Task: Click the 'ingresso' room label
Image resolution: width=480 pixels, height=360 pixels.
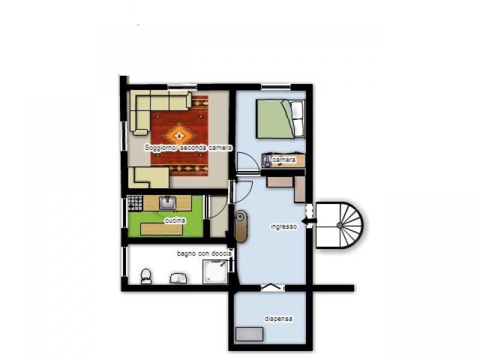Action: click(x=284, y=227)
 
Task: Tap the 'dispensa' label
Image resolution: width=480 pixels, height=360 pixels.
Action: click(x=278, y=319)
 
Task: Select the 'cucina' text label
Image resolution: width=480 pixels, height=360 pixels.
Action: click(x=175, y=220)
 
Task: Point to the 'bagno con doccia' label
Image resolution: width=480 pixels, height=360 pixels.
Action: click(x=204, y=253)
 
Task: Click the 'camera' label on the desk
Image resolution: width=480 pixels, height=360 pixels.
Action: click(x=284, y=160)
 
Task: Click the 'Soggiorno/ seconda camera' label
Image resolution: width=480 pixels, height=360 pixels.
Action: click(x=188, y=148)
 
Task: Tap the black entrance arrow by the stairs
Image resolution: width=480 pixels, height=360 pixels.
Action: click(x=309, y=221)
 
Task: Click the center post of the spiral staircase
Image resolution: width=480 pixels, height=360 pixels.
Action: click(x=340, y=226)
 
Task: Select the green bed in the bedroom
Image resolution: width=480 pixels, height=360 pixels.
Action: click(x=275, y=119)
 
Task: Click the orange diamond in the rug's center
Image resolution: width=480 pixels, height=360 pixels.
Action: click(x=179, y=134)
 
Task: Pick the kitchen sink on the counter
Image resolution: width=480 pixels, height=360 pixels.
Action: click(x=167, y=203)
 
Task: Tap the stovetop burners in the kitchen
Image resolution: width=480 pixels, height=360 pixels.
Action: click(x=135, y=203)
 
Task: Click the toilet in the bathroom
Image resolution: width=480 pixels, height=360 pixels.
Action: click(x=146, y=276)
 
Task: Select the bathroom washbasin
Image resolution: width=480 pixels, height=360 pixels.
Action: click(x=178, y=278)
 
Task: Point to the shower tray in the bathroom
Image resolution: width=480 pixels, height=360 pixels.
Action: click(x=215, y=272)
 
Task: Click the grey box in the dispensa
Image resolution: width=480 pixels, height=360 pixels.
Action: click(x=250, y=334)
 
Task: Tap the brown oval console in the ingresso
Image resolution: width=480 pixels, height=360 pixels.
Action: click(x=241, y=227)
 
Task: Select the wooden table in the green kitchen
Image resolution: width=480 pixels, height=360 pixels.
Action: click(x=161, y=229)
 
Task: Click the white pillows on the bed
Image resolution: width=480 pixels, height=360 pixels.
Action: click(x=298, y=119)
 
